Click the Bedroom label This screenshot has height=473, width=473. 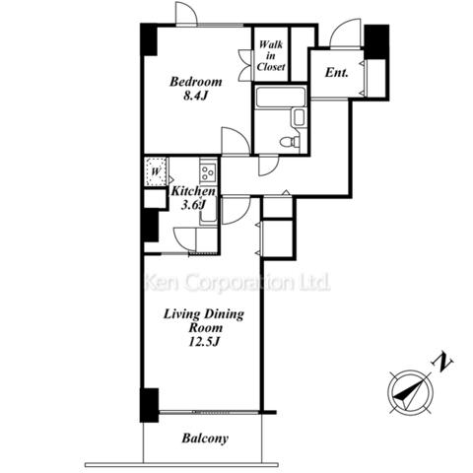[196, 82]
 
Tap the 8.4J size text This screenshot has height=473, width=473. [196, 96]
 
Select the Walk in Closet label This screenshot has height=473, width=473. [271, 55]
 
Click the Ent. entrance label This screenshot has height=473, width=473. [336, 73]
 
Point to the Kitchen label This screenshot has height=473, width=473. [193, 191]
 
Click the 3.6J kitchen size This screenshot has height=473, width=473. [194, 205]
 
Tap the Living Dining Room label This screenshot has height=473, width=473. [204, 320]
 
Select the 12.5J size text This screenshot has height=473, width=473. [204, 342]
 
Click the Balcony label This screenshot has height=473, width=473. [205, 439]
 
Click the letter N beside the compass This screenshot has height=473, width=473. [441, 362]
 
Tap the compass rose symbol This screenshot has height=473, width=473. [410, 393]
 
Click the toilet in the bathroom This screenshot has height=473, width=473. [290, 142]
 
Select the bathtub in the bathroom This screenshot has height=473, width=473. [281, 97]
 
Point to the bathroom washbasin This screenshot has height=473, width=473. [299, 118]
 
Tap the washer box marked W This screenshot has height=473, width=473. [156, 171]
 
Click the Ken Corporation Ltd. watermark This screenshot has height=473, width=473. [237, 282]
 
